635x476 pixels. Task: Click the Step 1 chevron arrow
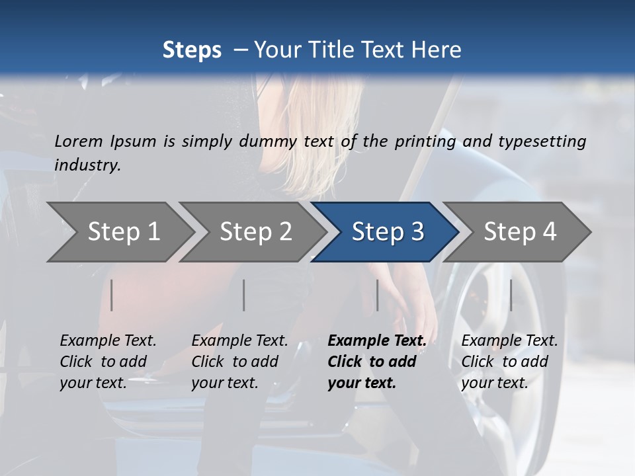click(123, 232)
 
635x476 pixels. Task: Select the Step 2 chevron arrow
click(255, 232)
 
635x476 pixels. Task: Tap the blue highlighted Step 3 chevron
click(387, 232)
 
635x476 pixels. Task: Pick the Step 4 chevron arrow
click(519, 232)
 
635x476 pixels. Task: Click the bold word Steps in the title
click(192, 50)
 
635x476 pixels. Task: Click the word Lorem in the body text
click(78, 141)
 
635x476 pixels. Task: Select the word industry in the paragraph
click(87, 165)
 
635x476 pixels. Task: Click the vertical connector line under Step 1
click(112, 295)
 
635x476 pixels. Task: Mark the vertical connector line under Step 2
click(244, 295)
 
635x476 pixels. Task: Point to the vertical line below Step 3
click(377, 295)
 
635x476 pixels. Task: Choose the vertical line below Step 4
click(511, 295)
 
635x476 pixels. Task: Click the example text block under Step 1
click(108, 362)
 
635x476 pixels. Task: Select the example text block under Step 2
click(239, 362)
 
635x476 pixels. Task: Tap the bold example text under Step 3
click(377, 362)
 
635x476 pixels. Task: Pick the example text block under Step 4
click(509, 362)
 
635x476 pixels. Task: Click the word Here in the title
click(437, 50)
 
